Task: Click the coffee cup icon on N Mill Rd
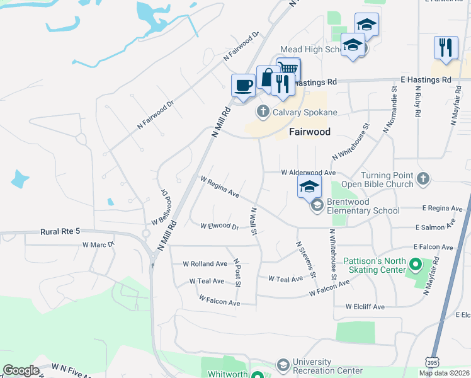243,84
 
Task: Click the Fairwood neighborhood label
309,132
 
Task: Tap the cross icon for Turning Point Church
423,179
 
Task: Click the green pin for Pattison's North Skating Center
414,263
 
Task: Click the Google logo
21,370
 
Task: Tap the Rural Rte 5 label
61,232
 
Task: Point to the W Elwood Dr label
219,226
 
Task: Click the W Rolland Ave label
205,264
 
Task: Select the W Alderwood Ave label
309,172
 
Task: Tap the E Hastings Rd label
426,80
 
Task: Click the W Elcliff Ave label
365,307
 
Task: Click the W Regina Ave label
220,186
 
